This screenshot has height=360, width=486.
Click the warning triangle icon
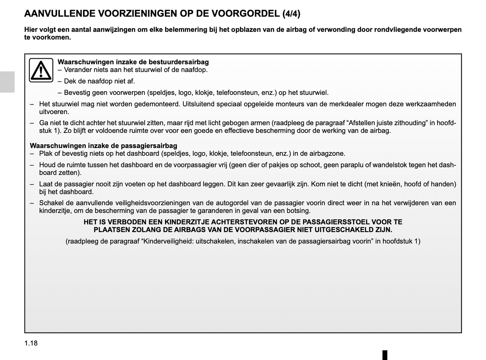tap(41, 70)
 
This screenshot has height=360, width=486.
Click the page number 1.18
tap(31, 343)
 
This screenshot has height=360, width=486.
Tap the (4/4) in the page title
tap(291, 14)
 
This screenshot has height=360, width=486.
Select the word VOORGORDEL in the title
tap(246, 14)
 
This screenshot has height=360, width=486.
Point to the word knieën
tap(389, 184)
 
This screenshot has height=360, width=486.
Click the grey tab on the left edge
tap(7, 82)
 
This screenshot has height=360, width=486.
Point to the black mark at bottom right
tap(385, 355)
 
